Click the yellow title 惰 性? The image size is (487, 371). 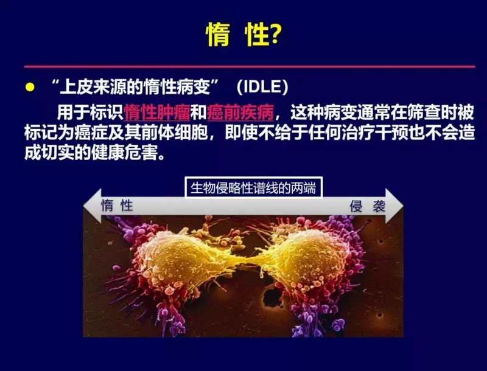244,35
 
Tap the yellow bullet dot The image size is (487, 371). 30,87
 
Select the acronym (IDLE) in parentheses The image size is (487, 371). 262,87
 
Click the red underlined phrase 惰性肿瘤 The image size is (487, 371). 157,113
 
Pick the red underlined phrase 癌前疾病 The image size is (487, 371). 240,113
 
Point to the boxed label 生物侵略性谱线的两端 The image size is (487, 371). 253,188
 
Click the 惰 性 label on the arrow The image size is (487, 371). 117,206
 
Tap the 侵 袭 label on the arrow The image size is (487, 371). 368,206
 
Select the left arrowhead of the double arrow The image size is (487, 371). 93,206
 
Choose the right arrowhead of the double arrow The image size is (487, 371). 394,206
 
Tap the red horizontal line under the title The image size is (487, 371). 250,67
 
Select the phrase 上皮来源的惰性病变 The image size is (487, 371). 135,87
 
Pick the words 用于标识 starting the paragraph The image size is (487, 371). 90,113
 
